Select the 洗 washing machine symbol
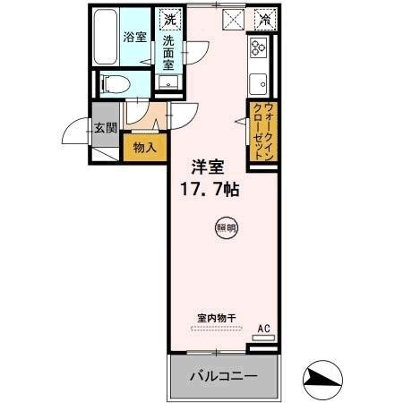pos(170,18)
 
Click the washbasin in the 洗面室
pos(168,83)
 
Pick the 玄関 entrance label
pos(106,128)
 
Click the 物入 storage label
pos(143,146)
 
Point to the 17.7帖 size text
pos(212,190)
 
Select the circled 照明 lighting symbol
pos(227,228)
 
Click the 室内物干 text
pos(216,318)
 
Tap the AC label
pos(263,329)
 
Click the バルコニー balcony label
pos(222,376)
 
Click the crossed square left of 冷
pos(232,17)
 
